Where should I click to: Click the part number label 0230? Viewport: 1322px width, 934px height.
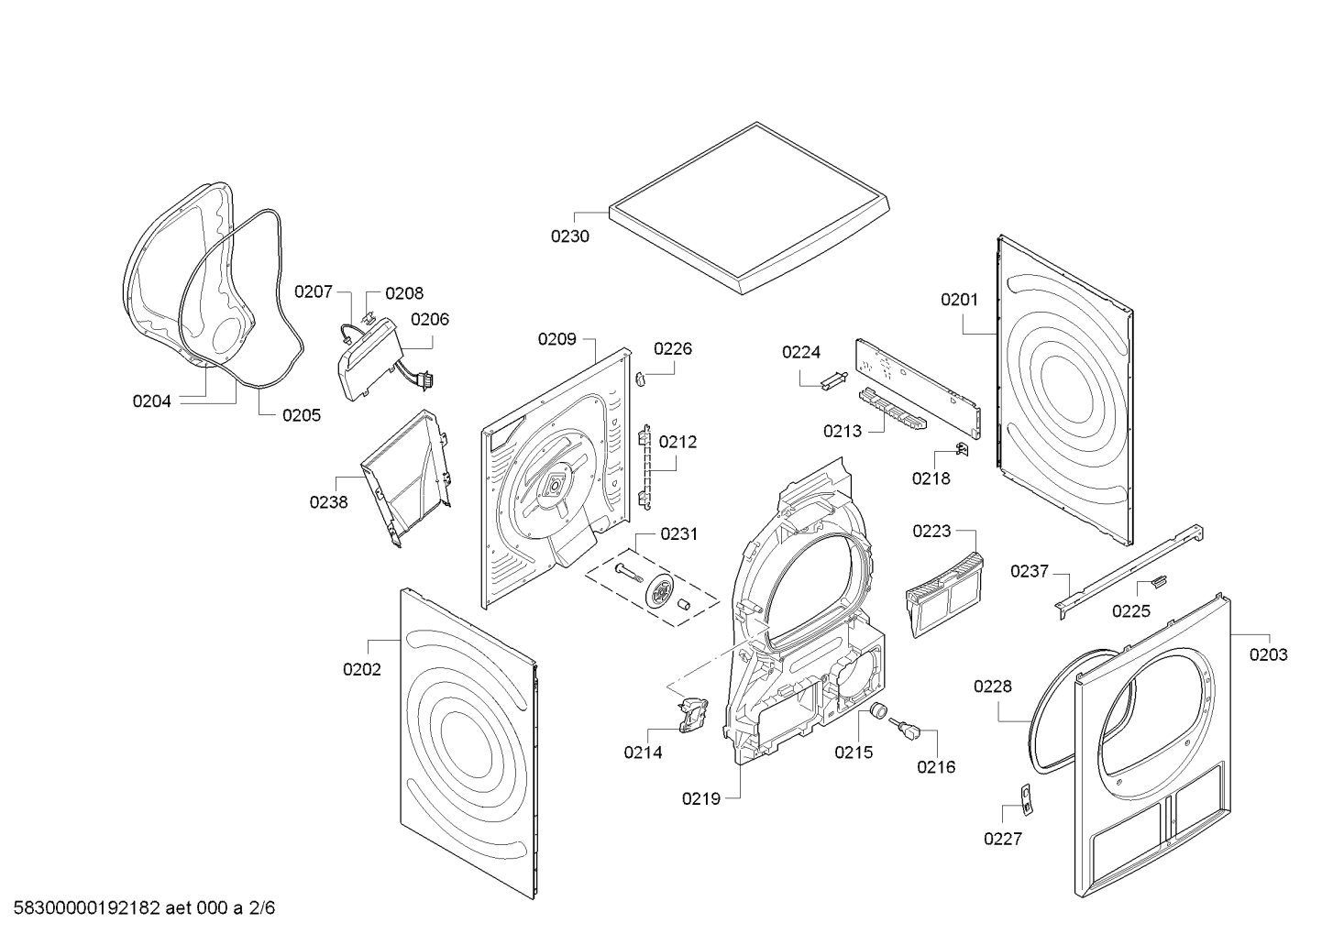[x=569, y=236]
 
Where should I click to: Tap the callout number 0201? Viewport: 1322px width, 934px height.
[x=959, y=300]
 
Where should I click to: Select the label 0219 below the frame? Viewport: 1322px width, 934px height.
[x=701, y=799]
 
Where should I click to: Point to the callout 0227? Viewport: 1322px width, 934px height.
[x=1003, y=839]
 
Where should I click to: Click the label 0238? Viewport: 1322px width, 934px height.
[x=329, y=502]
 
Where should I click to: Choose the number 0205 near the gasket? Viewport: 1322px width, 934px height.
[x=302, y=415]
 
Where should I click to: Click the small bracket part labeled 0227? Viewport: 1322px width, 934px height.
[x=1027, y=799]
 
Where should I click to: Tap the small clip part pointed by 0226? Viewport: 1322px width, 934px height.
[x=640, y=379]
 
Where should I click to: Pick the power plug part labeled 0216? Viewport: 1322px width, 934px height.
[x=904, y=730]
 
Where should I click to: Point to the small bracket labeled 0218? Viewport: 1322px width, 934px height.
[x=963, y=450]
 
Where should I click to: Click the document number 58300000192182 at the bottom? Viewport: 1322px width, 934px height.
[x=87, y=907]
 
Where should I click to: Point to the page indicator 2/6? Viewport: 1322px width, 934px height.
[x=262, y=907]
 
